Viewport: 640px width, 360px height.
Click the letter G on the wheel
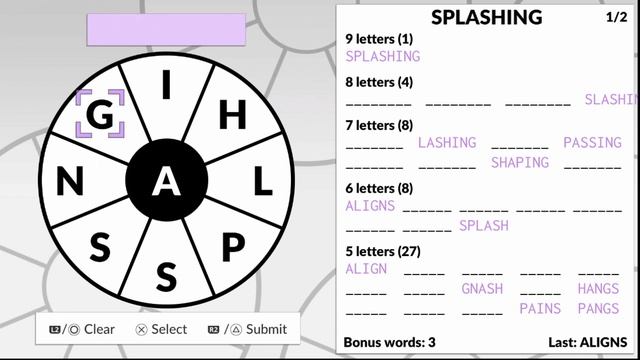point(100,115)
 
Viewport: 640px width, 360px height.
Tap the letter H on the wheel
point(232,115)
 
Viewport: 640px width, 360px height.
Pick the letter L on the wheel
point(261,181)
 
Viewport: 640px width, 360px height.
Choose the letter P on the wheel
point(232,246)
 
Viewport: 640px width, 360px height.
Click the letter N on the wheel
point(70,181)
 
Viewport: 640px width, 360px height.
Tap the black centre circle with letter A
point(166,181)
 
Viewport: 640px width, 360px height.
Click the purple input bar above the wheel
point(166,29)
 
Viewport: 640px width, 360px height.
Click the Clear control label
point(99,329)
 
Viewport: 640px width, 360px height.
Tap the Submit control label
point(265,329)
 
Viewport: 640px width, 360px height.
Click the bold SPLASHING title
point(487,17)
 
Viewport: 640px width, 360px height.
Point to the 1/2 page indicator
point(617,17)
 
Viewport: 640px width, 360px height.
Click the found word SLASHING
point(611,100)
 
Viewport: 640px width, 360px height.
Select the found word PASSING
point(592,143)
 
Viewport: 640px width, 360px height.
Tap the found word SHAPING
point(519,162)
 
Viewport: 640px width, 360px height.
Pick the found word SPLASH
point(484,226)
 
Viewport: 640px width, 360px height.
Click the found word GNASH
point(482,289)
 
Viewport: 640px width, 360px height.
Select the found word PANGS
point(598,309)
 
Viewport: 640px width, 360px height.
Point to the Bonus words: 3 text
point(389,342)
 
